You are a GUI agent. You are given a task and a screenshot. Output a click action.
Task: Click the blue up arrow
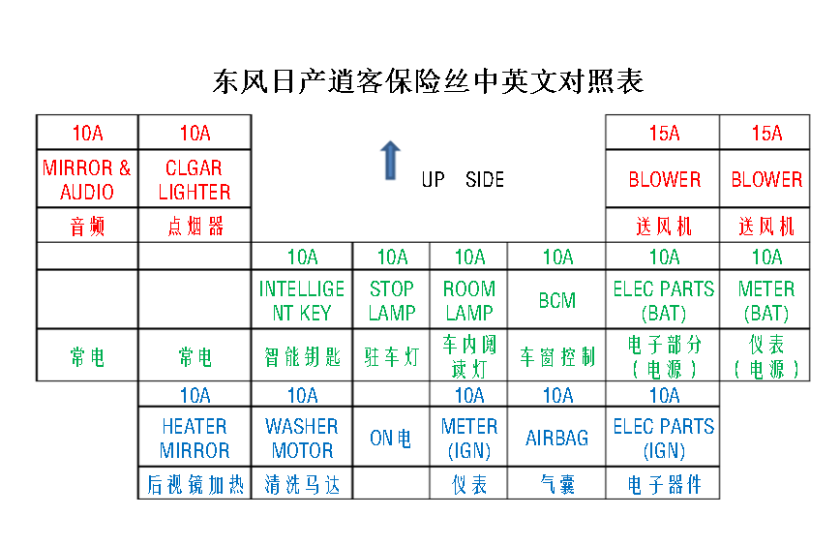[389, 160]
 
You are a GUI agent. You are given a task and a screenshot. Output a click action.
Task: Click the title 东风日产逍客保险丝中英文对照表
[428, 81]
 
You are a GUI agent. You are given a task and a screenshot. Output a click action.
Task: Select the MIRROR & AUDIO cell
[87, 180]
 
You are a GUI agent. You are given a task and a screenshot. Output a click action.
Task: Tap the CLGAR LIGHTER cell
[195, 180]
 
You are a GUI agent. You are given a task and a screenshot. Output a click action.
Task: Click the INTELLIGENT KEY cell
[302, 301]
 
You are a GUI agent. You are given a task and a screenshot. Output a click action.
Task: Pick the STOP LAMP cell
[392, 301]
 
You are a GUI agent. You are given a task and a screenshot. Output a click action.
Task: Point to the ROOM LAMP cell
[469, 301]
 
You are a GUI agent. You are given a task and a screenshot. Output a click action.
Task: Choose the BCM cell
[557, 301]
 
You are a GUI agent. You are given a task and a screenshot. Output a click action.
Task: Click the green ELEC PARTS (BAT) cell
[664, 301]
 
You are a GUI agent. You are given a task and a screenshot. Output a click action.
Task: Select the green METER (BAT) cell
[766, 301]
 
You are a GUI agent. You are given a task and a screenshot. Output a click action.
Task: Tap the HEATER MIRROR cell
[195, 439]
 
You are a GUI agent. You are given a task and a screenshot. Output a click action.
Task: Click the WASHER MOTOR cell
[302, 439]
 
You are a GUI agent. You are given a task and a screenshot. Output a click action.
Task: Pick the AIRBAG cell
[557, 439]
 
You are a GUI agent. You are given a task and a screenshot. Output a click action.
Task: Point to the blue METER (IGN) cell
[469, 439]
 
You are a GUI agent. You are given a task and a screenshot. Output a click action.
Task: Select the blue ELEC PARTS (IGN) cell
[664, 439]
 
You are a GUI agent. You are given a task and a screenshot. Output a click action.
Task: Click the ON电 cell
[392, 439]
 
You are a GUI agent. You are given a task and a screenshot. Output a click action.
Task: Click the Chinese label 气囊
[557, 485]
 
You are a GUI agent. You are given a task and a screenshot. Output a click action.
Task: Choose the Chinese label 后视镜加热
[195, 485]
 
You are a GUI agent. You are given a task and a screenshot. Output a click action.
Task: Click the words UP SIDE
[463, 180]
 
